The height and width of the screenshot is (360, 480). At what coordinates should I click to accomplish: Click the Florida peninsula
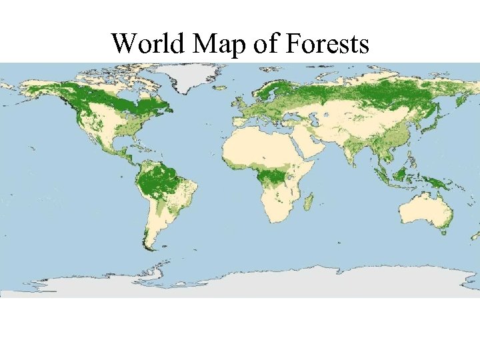(x=129, y=141)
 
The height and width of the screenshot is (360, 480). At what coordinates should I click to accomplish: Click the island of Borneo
(x=402, y=175)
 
